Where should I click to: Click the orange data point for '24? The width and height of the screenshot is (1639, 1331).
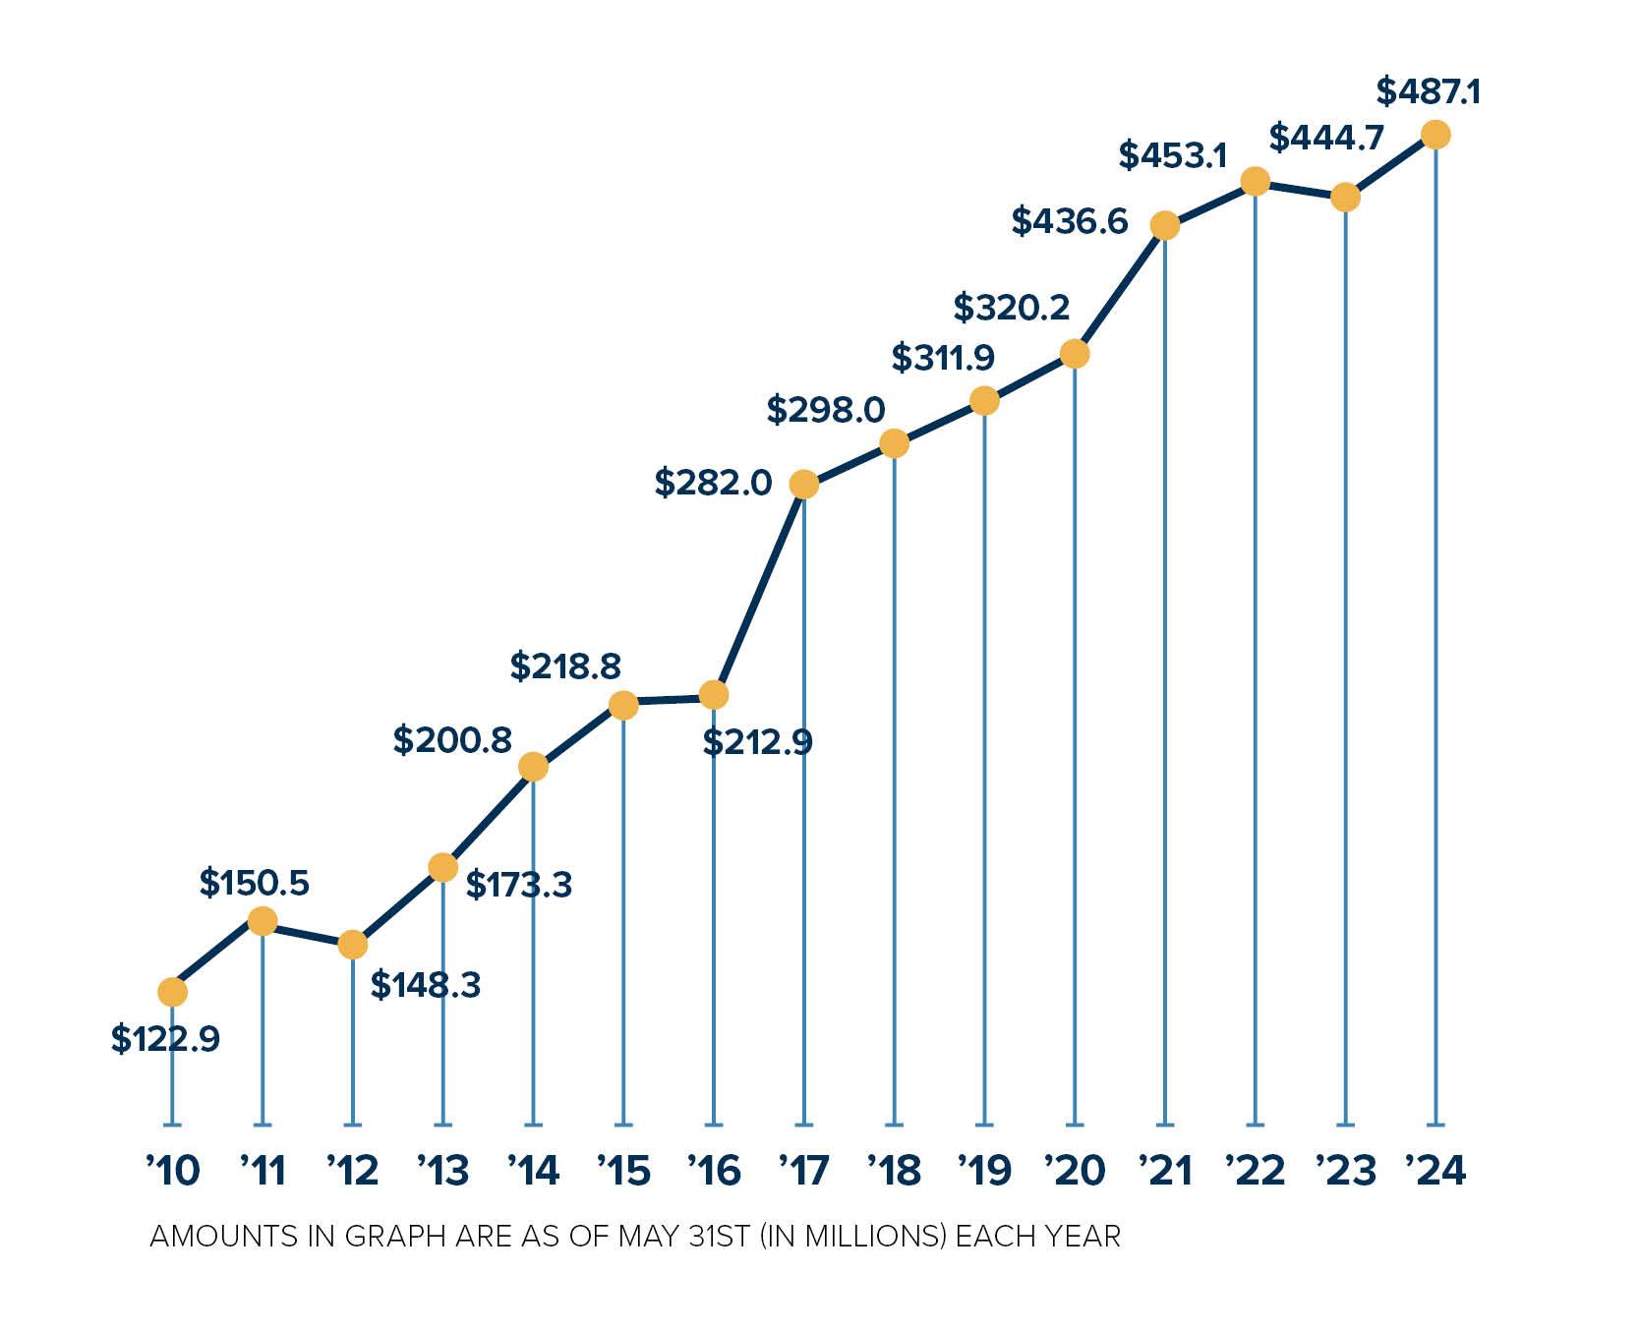(1434, 135)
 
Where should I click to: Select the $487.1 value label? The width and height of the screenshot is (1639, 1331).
(1428, 91)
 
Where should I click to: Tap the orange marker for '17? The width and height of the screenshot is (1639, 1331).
(803, 485)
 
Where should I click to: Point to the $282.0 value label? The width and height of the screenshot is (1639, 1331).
(713, 483)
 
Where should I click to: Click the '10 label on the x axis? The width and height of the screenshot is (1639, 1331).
(173, 1170)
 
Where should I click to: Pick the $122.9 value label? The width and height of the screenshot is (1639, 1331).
(165, 1038)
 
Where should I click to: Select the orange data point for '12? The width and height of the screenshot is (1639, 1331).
(352, 945)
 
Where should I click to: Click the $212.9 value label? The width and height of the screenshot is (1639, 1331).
(757, 742)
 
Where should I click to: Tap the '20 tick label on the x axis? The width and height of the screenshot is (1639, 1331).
(1075, 1170)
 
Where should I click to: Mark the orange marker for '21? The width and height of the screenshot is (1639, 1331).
(1164, 226)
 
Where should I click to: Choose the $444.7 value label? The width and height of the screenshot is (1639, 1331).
(1325, 138)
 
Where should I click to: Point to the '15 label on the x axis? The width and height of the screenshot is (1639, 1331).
(623, 1170)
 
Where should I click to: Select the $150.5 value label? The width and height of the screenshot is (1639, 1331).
(254, 883)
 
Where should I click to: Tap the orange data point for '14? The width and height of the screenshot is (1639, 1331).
(533, 767)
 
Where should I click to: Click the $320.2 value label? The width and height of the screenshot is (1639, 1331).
(1011, 308)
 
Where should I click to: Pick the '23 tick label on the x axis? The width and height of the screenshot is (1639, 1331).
(1345, 1170)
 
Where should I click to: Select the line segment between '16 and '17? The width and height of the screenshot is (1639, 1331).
(758, 590)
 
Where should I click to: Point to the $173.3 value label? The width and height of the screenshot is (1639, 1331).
(518, 885)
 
